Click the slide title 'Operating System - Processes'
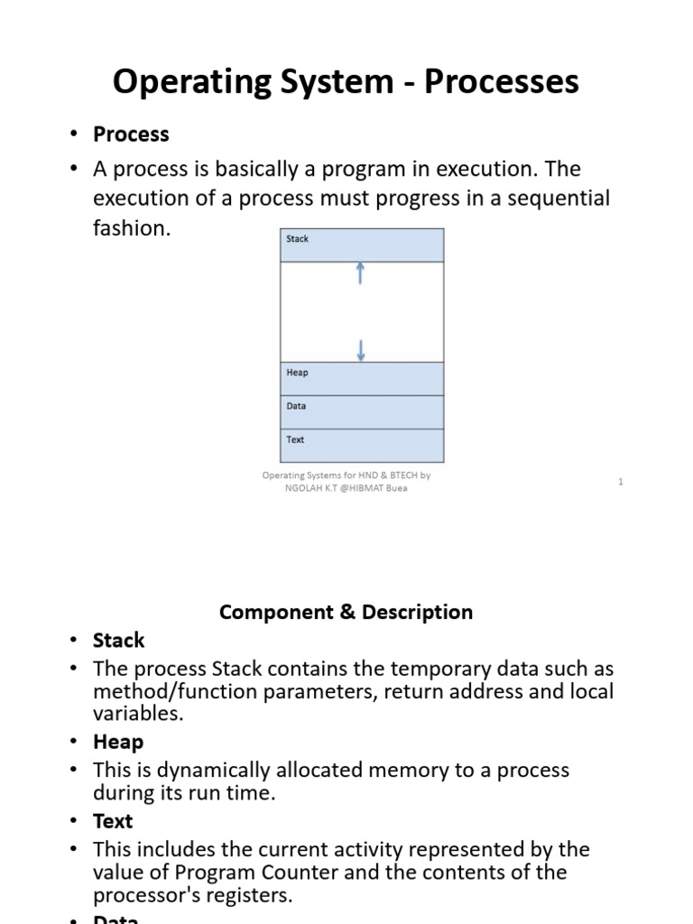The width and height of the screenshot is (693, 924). (346, 82)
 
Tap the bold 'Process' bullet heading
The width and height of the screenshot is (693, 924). (131, 134)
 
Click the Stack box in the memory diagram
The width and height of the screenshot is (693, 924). (362, 245)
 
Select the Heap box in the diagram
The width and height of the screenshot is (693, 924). (362, 378)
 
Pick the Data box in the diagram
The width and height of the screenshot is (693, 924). (362, 411)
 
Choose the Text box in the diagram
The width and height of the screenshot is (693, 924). (362, 445)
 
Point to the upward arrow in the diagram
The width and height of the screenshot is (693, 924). (361, 273)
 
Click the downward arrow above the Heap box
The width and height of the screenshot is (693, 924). (361, 350)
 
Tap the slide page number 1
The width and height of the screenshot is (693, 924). (621, 482)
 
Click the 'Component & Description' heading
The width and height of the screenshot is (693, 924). (346, 612)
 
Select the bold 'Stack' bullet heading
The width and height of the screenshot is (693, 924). (118, 641)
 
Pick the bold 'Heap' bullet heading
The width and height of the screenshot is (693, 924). (118, 742)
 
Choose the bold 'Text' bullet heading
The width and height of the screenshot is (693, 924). (113, 821)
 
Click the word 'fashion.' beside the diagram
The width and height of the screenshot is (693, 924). (132, 228)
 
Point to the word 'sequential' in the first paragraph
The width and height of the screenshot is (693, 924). (559, 199)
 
